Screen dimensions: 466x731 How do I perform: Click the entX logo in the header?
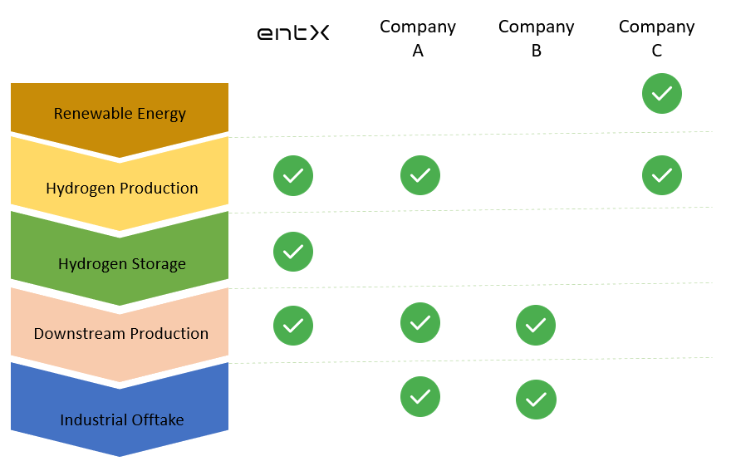293,33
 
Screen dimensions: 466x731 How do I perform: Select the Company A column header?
418,38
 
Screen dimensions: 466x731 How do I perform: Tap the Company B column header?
537,38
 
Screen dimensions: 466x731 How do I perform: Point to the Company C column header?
657,38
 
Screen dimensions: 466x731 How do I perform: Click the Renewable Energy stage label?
120,114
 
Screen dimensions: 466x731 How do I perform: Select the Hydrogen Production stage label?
122,188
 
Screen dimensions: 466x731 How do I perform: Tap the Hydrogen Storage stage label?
122,264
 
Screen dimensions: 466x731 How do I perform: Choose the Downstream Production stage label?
121,334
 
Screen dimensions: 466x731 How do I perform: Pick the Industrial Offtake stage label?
122,420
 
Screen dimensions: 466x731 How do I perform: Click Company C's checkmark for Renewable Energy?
662,94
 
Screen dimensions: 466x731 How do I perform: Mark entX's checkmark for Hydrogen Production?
293,175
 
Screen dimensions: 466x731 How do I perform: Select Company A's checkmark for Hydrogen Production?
420,175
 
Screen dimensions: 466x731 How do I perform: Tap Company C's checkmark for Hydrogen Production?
662,175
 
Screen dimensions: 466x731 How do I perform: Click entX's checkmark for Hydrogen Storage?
293,252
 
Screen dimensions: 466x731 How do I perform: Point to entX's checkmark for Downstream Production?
293,326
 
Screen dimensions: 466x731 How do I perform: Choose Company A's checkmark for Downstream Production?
420,323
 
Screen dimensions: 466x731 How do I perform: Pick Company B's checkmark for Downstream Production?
536,326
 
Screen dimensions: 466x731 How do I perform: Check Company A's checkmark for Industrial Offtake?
420,397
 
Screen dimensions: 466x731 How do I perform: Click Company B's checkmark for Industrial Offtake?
536,400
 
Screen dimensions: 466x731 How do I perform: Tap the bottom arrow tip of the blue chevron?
120,454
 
